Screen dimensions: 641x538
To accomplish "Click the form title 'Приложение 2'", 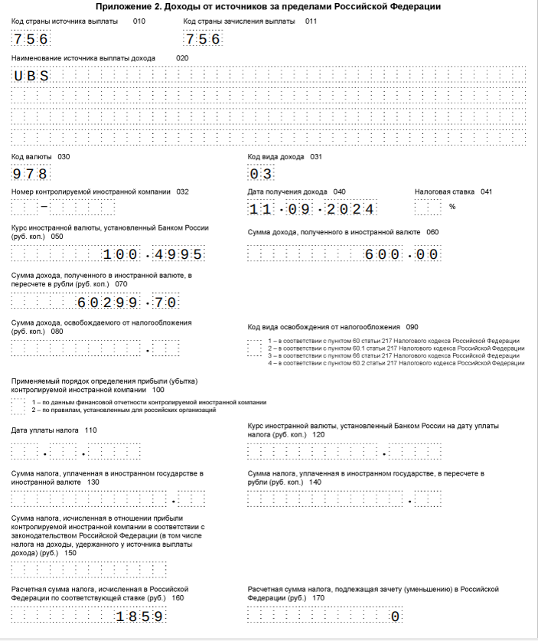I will pos(269,7).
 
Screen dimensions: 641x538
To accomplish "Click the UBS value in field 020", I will pos(31,76).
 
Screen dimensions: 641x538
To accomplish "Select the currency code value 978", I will pos(31,173).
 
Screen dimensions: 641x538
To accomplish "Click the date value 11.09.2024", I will pos(312,209).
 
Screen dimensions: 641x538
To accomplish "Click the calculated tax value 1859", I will pos(139,616).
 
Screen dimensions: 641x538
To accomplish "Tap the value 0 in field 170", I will pos(395,616).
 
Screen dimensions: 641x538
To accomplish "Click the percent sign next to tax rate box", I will pos(452,207).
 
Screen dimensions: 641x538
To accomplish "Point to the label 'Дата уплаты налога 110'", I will pos(54,430).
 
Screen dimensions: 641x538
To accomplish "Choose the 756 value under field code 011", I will pos(202,39).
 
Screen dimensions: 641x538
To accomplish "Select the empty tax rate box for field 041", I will pos(428,208).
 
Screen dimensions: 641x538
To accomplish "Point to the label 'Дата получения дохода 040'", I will pos(296,191).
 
